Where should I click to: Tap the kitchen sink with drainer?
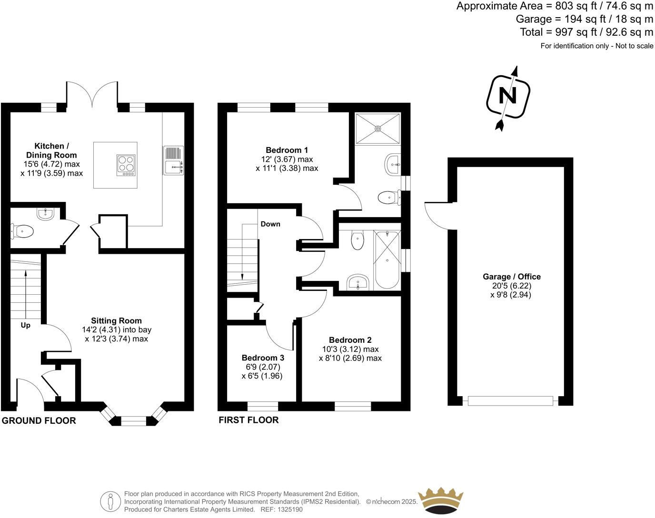[173, 160]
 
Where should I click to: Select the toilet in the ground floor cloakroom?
[23, 232]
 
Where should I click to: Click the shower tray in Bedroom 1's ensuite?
[378, 128]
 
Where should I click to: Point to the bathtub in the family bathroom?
[387, 260]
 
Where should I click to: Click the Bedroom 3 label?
[263, 358]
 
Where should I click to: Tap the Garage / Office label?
[512, 277]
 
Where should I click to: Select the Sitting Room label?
[117, 321]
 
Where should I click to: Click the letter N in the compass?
[507, 97]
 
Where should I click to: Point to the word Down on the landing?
[270, 224]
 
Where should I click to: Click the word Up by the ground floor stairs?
[25, 326]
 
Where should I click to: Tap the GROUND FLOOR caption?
[39, 420]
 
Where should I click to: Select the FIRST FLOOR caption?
[248, 420]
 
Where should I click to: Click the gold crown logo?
[440, 500]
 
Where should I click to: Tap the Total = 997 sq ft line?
[586, 32]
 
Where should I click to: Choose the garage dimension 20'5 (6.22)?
[512, 286]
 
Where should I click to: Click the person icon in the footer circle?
[110, 501]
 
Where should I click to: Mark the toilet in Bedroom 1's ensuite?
[388, 197]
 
